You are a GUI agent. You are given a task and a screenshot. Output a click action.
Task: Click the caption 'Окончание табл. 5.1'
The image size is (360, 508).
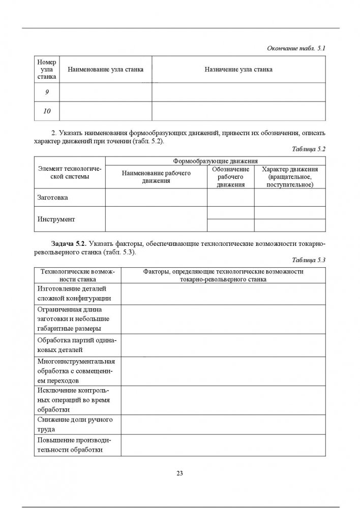[295, 48]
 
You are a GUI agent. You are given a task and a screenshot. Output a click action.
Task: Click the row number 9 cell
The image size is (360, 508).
[47, 92]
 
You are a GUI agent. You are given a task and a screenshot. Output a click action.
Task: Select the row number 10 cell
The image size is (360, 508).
[47, 111]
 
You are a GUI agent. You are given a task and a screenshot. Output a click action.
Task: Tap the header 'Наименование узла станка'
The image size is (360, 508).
[105, 70]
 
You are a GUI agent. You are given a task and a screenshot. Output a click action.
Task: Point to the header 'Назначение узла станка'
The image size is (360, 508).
[238, 70]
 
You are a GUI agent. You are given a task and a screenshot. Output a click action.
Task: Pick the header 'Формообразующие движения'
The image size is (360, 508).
[215, 161]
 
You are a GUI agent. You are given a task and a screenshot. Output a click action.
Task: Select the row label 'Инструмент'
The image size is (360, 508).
[56, 219]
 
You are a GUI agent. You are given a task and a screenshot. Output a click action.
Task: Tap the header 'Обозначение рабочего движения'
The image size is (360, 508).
[230, 177]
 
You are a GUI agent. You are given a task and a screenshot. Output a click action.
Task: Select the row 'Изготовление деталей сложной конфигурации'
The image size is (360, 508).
[74, 294]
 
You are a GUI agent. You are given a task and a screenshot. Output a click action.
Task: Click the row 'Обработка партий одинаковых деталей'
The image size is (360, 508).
[76, 345]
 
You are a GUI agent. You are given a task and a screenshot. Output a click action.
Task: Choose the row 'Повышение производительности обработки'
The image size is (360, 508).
[74, 445]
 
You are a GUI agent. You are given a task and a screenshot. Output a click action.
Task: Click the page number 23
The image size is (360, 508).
[179, 473]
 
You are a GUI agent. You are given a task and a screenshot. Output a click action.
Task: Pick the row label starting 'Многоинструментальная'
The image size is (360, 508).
[76, 370]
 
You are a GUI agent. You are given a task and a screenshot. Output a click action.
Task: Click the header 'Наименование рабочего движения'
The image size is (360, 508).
[156, 177]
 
